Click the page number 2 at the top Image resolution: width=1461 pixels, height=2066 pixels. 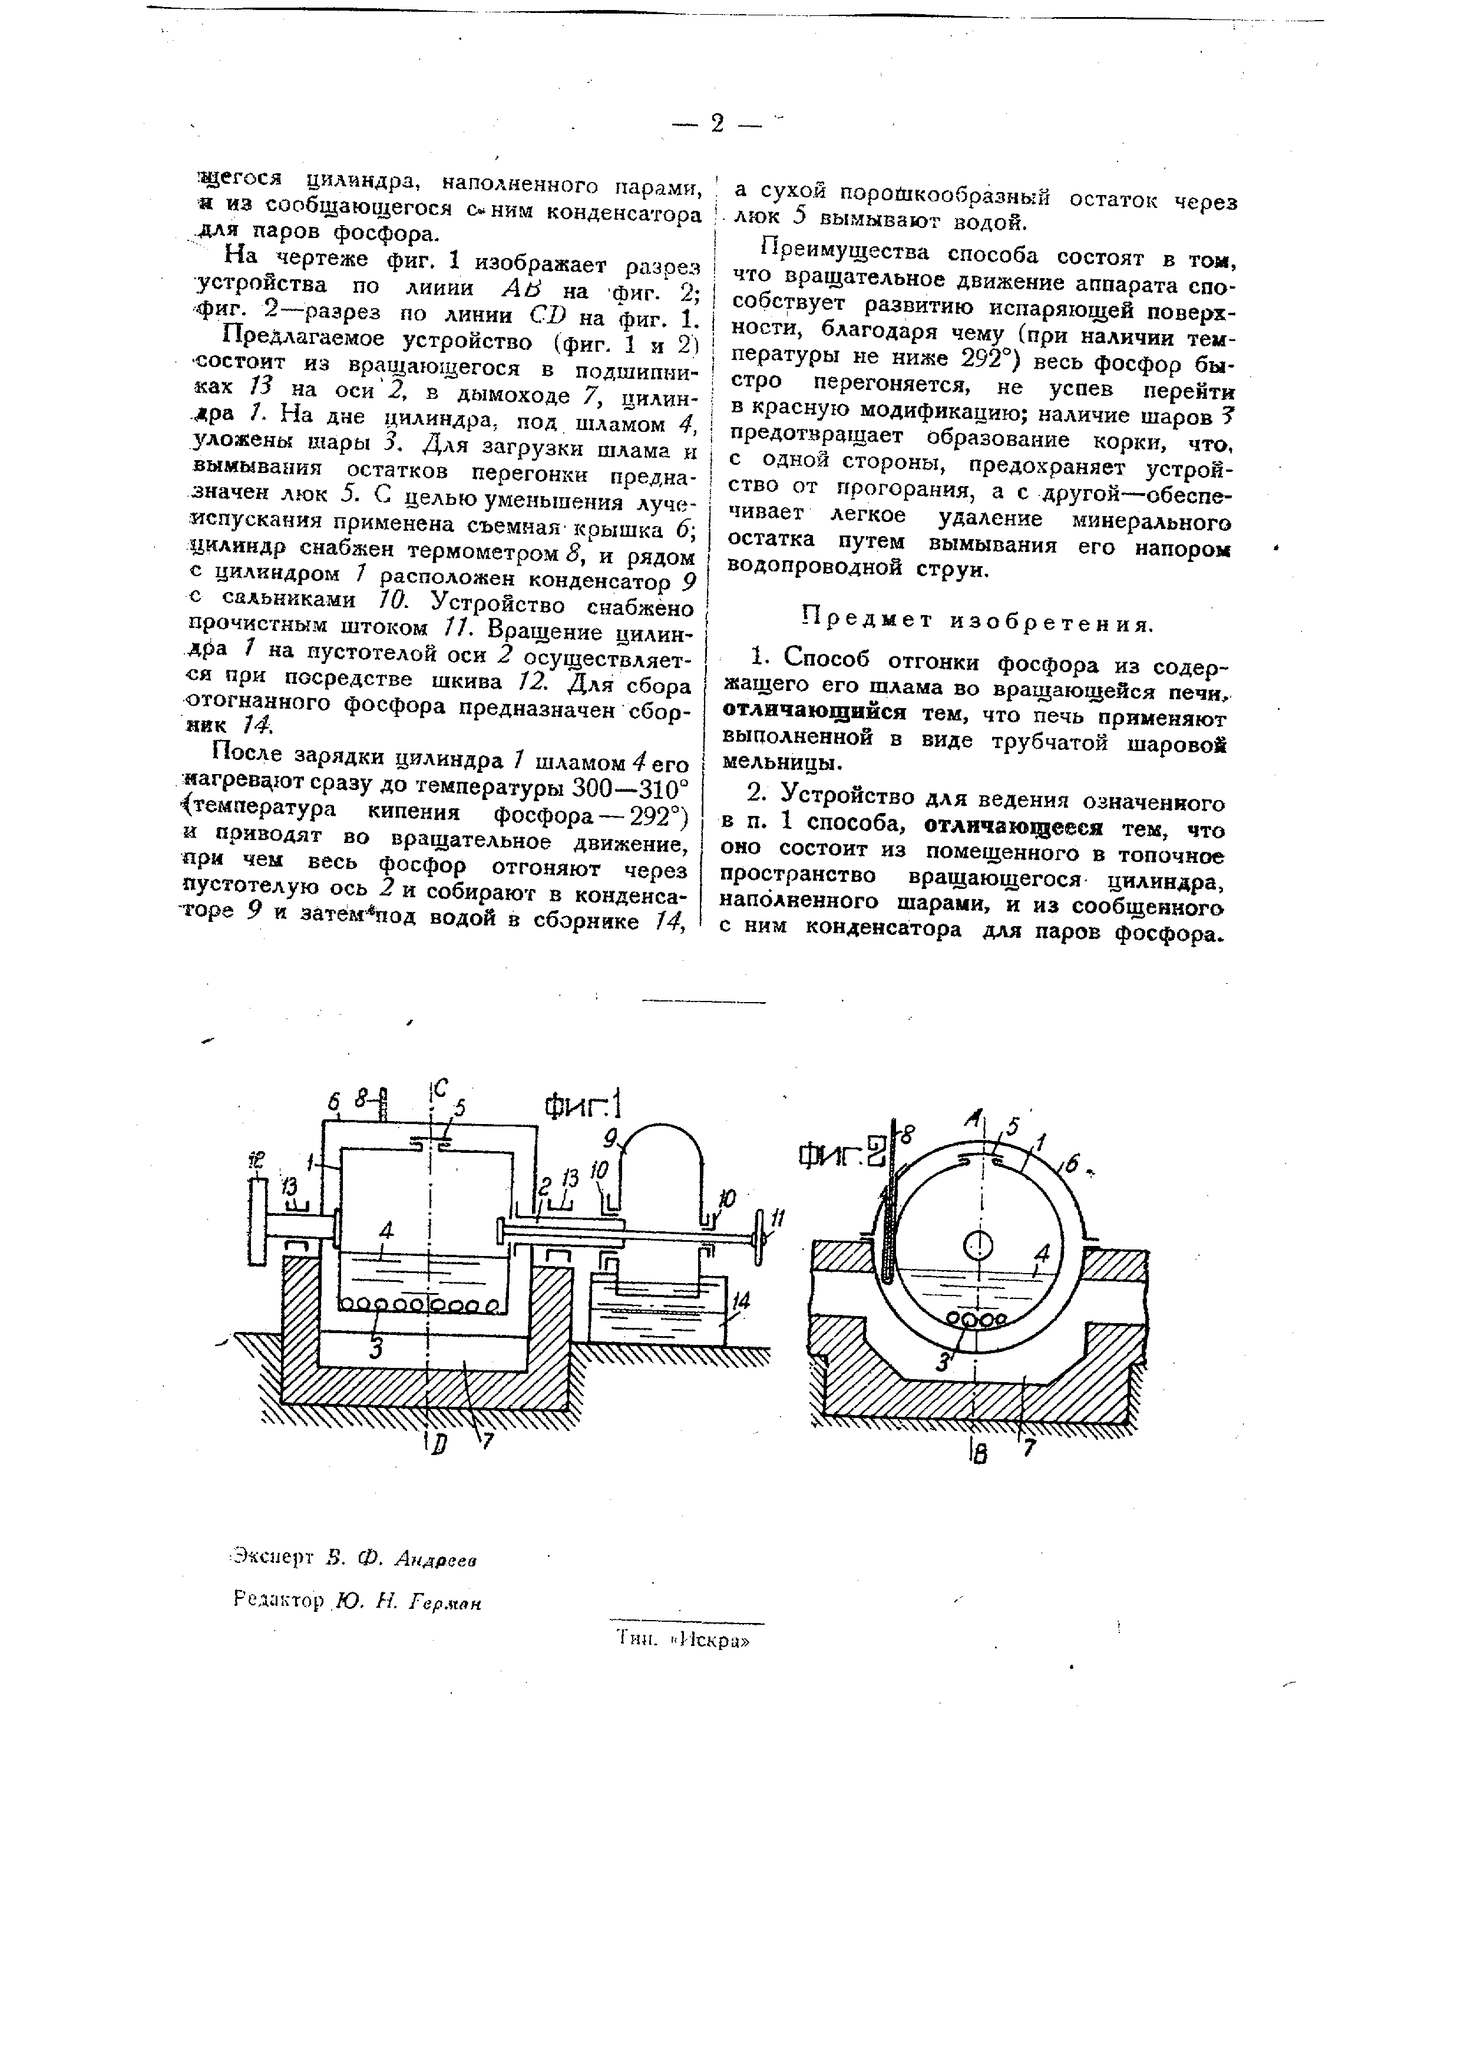point(716,123)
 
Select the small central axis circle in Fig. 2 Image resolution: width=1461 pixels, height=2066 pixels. point(977,1247)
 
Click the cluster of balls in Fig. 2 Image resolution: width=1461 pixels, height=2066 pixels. point(974,1319)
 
